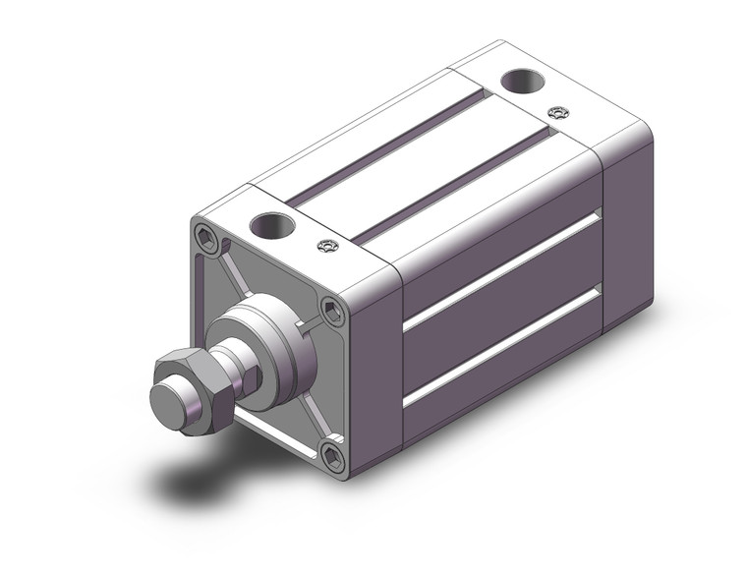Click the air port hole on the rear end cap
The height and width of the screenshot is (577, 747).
click(x=518, y=83)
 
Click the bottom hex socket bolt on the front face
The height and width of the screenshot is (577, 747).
click(x=330, y=455)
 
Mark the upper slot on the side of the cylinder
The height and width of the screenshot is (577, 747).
click(x=501, y=270)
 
